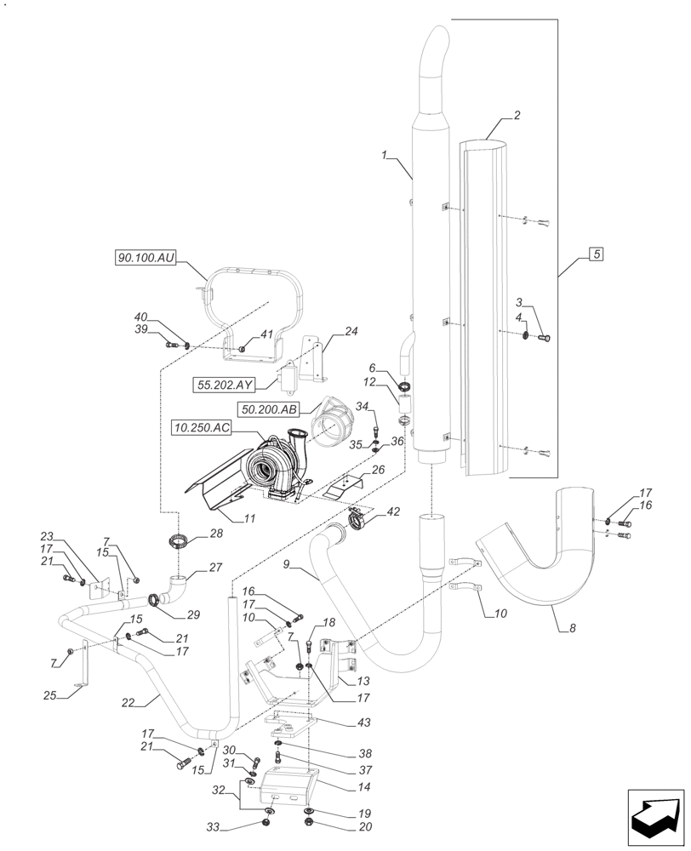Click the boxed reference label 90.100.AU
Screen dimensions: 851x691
click(146, 256)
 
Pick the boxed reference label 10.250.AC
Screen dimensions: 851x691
click(201, 428)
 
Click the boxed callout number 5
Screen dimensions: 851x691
click(597, 254)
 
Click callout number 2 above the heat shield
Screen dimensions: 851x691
click(517, 115)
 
